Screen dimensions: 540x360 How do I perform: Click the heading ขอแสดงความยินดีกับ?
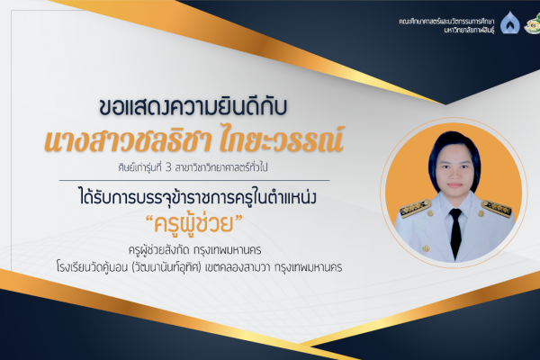tap(193, 106)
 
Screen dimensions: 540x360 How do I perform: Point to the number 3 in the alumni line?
tap(168, 168)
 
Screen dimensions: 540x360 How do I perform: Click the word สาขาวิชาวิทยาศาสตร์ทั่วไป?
tap(221, 167)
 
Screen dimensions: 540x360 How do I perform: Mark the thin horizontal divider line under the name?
tap(194, 180)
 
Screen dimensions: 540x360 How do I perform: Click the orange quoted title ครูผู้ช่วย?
tap(193, 223)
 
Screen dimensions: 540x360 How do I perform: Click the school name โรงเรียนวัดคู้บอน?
tap(93, 267)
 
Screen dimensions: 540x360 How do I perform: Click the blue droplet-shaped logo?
tap(510, 22)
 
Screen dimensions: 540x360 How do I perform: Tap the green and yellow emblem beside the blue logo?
tap(533, 25)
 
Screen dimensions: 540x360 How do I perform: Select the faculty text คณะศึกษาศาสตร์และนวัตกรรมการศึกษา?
tap(446, 22)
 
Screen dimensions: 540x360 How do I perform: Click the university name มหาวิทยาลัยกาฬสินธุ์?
tap(469, 31)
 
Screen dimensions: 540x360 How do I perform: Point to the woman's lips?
tap(454, 185)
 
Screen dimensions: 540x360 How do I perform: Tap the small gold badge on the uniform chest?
tap(426, 248)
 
